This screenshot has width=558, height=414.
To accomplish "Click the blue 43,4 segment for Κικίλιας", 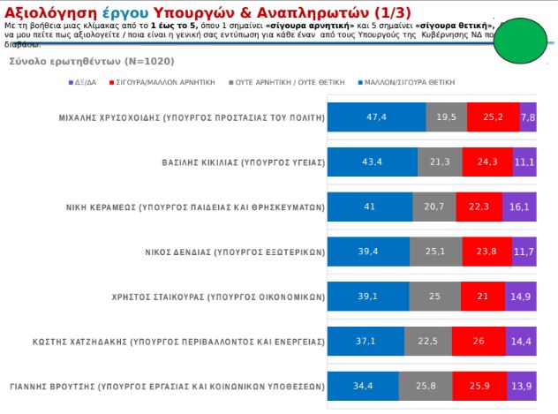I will [372, 162].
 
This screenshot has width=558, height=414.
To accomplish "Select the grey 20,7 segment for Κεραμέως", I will [434, 207].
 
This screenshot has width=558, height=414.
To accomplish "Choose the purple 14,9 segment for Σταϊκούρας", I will [521, 297].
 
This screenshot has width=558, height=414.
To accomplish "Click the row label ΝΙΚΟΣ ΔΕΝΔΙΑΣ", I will [234, 252].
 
